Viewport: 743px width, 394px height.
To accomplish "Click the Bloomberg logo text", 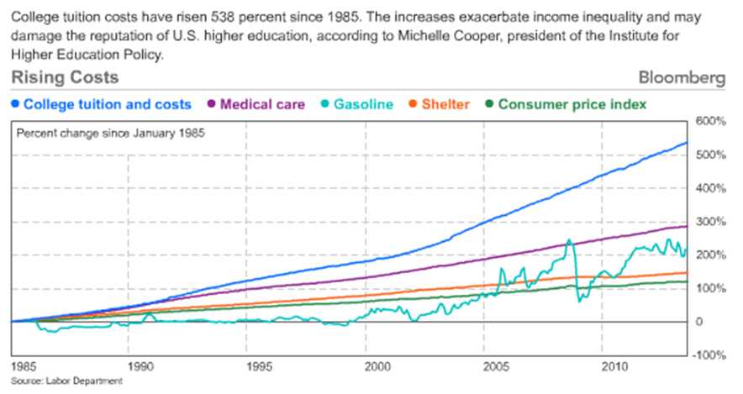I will (x=682, y=78).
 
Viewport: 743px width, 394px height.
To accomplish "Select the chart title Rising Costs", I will (x=65, y=78).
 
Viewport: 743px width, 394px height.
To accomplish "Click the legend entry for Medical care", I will (x=262, y=105).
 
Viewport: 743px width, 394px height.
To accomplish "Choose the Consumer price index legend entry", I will (x=572, y=105).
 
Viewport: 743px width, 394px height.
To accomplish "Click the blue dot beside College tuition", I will (x=16, y=105).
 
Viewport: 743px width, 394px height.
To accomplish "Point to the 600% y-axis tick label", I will (x=709, y=122).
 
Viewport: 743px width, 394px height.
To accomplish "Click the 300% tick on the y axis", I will (x=709, y=222).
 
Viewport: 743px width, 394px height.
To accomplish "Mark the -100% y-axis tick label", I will (x=708, y=355).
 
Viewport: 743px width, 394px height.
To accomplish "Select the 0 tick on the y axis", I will (x=698, y=322).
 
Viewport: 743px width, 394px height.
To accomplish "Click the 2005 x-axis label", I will (x=497, y=367).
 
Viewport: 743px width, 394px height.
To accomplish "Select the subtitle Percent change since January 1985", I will (x=112, y=133).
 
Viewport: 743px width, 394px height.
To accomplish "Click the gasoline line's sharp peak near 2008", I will (x=569, y=240).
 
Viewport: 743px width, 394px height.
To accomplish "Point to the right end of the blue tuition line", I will (x=687, y=143).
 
